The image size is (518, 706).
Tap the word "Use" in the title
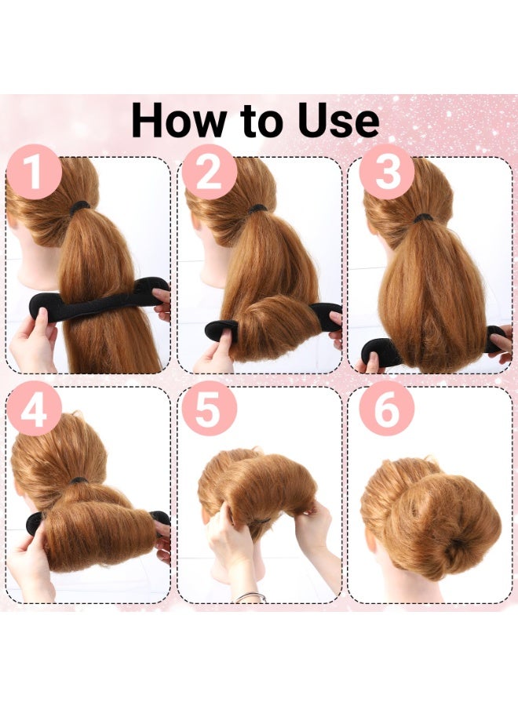(x=338, y=121)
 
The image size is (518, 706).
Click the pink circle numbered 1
(x=34, y=172)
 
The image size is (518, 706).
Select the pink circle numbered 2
(x=210, y=172)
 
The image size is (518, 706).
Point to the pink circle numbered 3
(x=387, y=172)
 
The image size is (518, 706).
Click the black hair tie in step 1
(x=80, y=207)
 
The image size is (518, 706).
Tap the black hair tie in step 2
(x=257, y=209)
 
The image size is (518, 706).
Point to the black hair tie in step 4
(x=79, y=481)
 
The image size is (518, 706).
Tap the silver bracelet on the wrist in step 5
(x=250, y=597)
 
